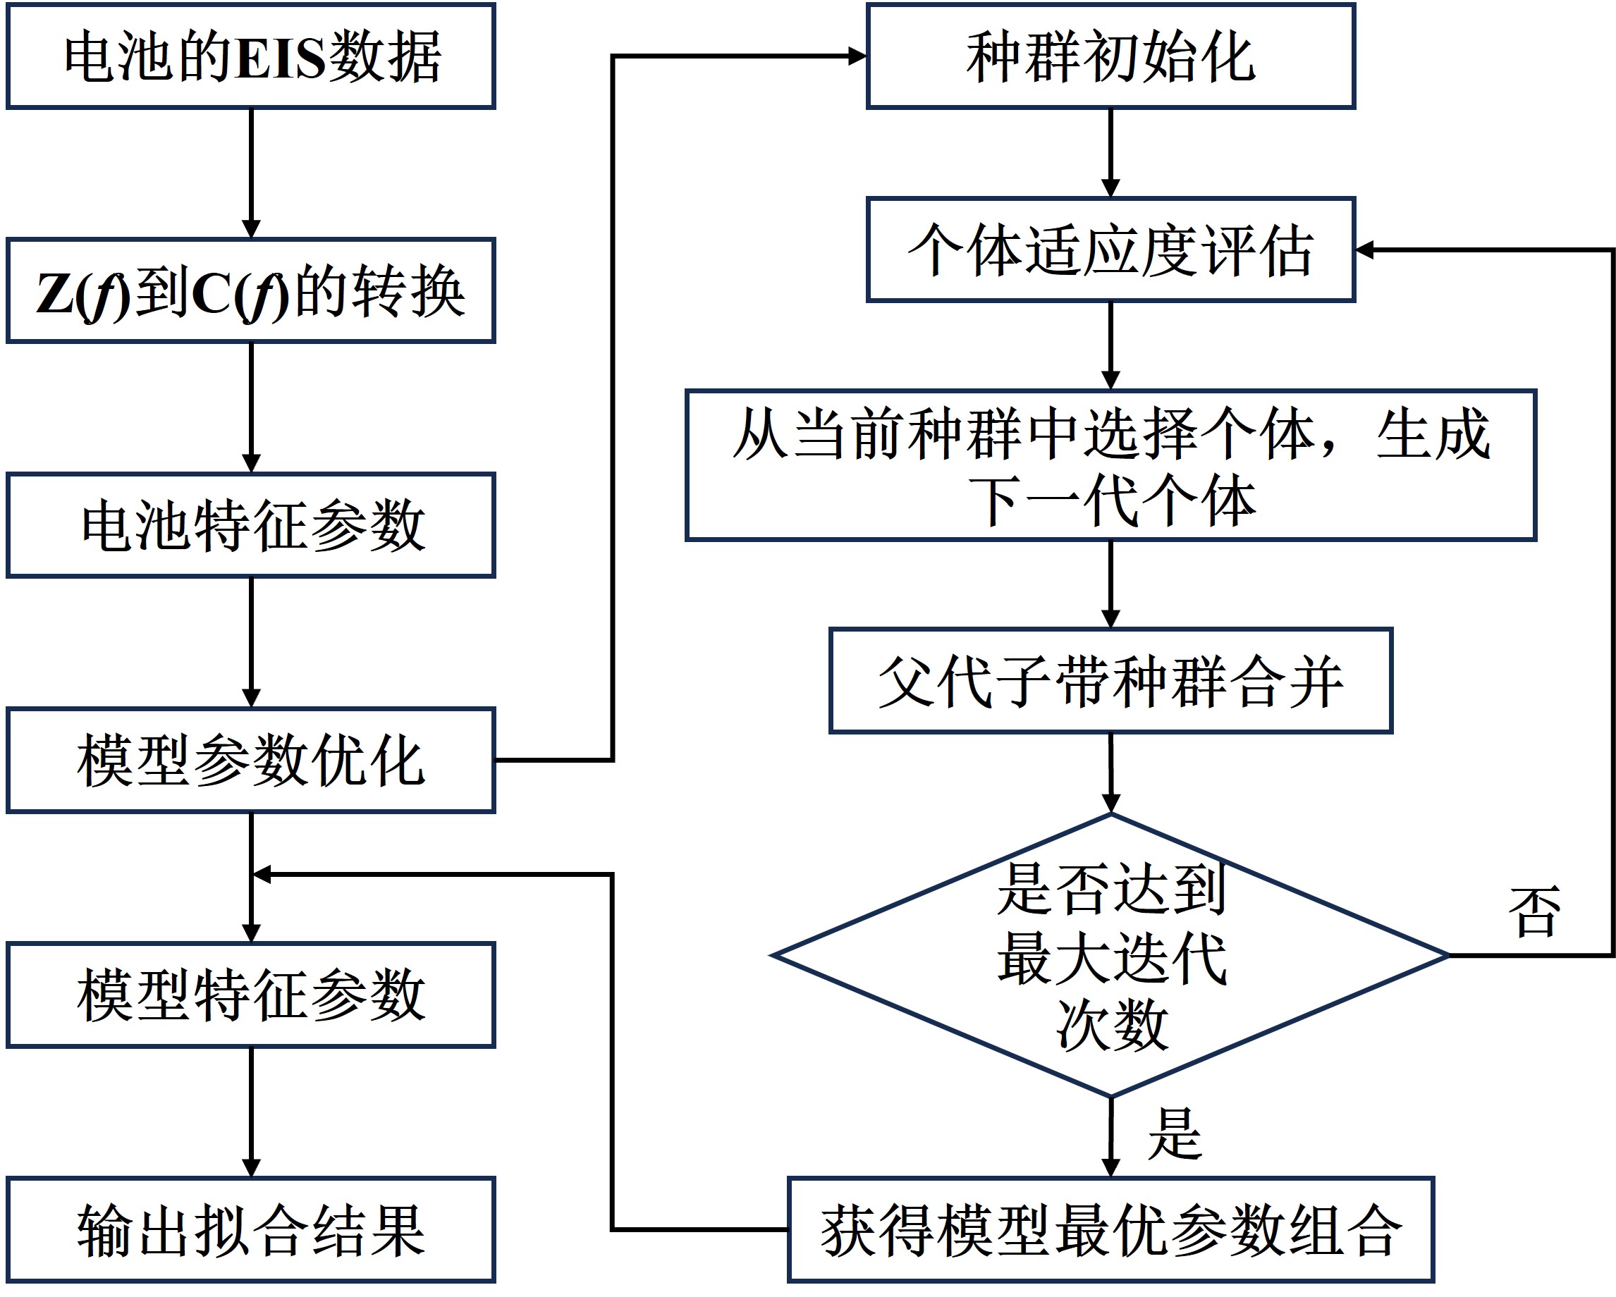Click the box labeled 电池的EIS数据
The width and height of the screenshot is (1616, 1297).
pyautogui.click(x=251, y=57)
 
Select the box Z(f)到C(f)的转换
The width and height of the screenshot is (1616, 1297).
pyautogui.click(x=251, y=291)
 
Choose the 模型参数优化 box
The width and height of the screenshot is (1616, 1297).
pyautogui.click(x=251, y=761)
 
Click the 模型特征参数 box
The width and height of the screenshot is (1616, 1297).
pyautogui.click(x=251, y=995)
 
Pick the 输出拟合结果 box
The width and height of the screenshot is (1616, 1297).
pyautogui.click(x=251, y=1229)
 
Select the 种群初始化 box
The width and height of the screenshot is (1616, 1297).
pyautogui.click(x=1110, y=57)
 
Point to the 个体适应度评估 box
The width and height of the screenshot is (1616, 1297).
pyautogui.click(x=1110, y=250)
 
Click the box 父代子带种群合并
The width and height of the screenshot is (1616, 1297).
pyautogui.click(x=1110, y=680)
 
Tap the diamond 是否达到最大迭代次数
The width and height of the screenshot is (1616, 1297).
pyautogui.click(x=1110, y=956)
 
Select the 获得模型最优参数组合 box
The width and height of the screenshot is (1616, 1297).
pyautogui.click(x=1110, y=1229)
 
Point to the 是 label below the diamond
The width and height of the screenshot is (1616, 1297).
pyautogui.click(x=1175, y=1133)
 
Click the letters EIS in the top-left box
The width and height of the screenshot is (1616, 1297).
pyautogui.click(x=281, y=57)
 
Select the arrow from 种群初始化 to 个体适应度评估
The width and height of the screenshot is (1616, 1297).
pyautogui.click(x=1110, y=153)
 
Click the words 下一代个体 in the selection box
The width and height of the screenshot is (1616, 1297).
pyautogui.click(x=1110, y=500)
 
